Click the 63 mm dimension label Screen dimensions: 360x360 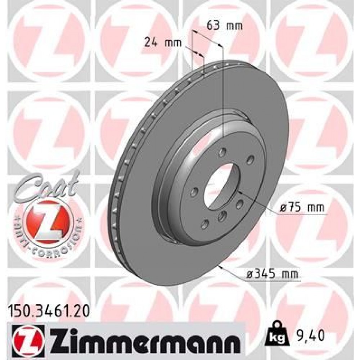[224, 26]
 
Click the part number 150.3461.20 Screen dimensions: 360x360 [49, 308]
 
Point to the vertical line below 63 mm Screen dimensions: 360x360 [223, 90]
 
